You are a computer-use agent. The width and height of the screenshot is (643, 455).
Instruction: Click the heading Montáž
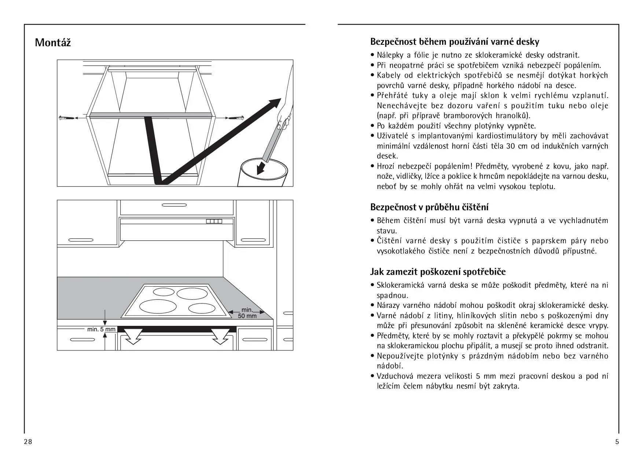(53, 43)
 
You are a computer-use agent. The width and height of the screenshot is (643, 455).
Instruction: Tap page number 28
(28, 441)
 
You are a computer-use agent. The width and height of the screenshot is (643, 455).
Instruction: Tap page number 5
(617, 441)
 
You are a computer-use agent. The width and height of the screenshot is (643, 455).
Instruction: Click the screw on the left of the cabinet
(66, 118)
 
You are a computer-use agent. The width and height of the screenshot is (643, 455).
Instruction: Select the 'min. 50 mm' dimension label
(247, 313)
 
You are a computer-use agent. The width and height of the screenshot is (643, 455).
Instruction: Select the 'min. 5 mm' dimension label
(101, 329)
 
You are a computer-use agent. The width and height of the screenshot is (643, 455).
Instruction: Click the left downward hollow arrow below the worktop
(132, 336)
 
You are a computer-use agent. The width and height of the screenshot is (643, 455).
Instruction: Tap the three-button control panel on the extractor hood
(214, 221)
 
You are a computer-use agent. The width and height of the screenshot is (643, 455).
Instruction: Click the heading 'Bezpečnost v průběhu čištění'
(429, 207)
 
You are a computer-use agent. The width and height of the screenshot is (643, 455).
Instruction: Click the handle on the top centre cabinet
(177, 205)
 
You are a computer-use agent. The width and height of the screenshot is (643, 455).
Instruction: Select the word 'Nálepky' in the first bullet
(391, 55)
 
